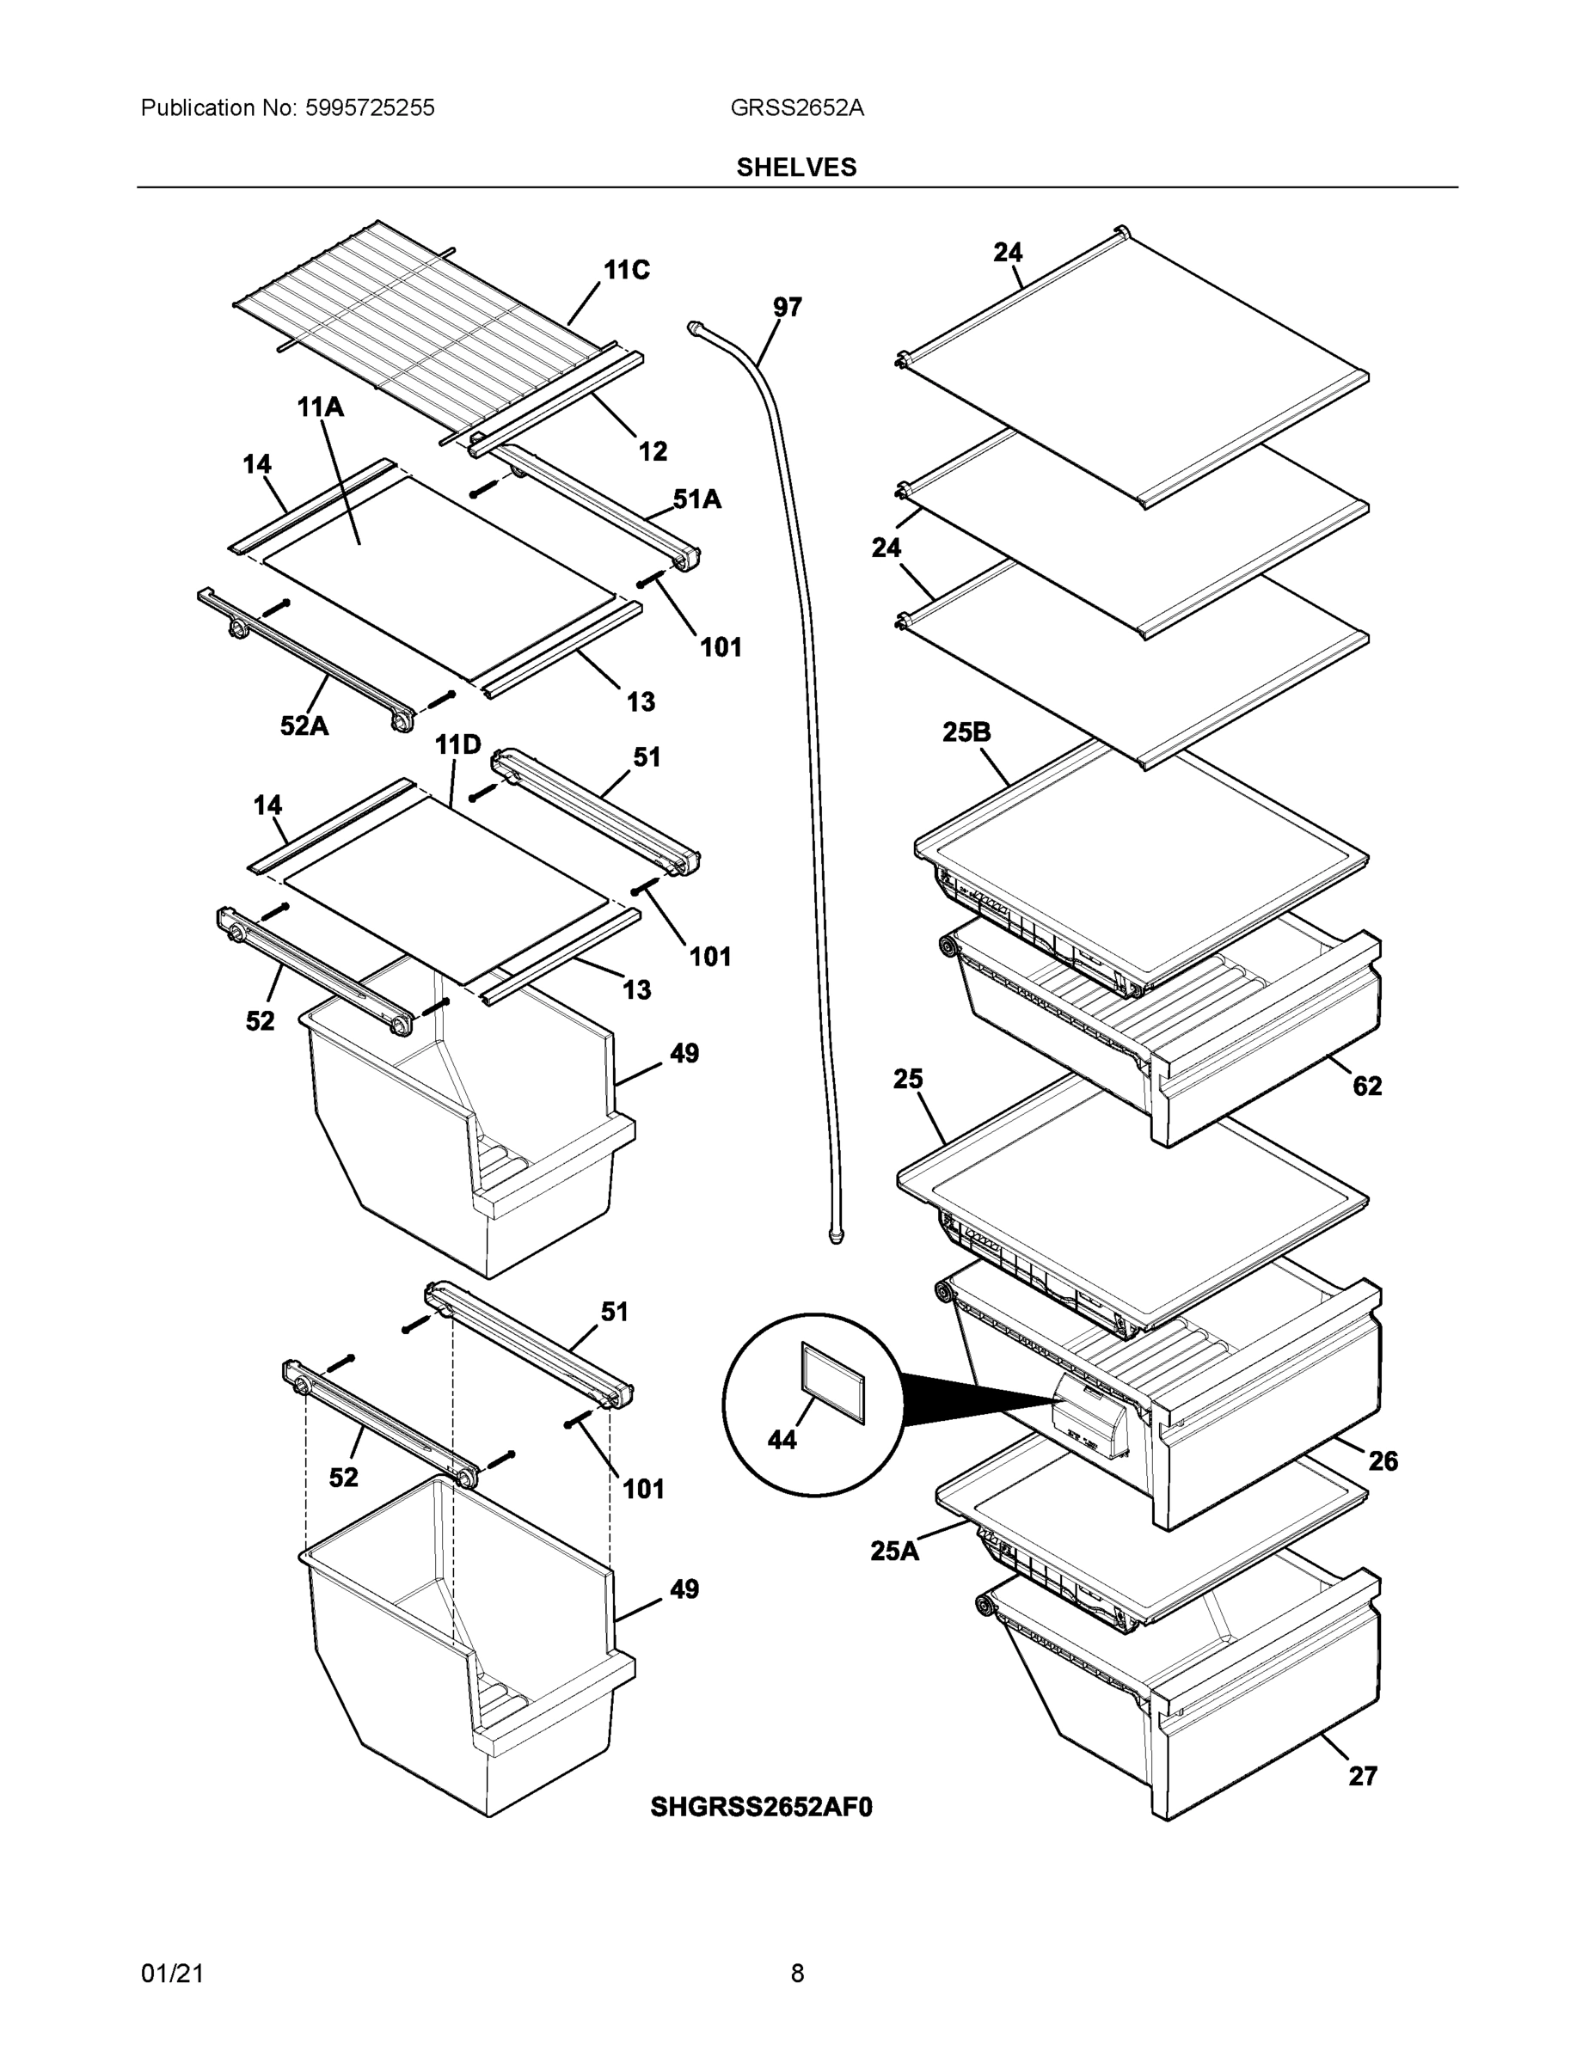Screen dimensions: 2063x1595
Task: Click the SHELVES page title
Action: pyautogui.click(x=795, y=168)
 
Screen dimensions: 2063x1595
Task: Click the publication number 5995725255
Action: pyautogui.click(x=370, y=107)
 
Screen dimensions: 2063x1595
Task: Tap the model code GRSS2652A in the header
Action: pyautogui.click(x=795, y=107)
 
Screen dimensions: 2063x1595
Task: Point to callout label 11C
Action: pyautogui.click(x=627, y=270)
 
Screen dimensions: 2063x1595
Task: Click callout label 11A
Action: pyautogui.click(x=321, y=407)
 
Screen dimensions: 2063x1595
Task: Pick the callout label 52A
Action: pyautogui.click(x=304, y=725)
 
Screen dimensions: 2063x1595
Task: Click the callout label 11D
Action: pyautogui.click(x=457, y=745)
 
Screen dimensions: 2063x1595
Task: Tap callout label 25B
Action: pyautogui.click(x=966, y=732)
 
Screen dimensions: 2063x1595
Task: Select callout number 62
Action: pyautogui.click(x=1367, y=1086)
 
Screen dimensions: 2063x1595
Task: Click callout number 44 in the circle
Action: pyautogui.click(x=782, y=1440)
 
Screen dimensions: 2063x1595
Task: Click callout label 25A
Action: pyautogui.click(x=894, y=1551)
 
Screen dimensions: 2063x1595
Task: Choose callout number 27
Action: pyautogui.click(x=1363, y=1776)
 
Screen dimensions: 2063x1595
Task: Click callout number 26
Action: pyautogui.click(x=1383, y=1461)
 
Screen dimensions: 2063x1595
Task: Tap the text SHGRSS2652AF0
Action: pyautogui.click(x=761, y=1807)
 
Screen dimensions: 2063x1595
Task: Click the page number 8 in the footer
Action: pyautogui.click(x=796, y=1974)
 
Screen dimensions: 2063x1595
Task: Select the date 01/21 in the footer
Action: pyautogui.click(x=172, y=1974)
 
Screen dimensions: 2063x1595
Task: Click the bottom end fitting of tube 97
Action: pyautogui.click(x=835, y=1235)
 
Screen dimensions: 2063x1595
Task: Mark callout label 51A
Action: pyautogui.click(x=696, y=499)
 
